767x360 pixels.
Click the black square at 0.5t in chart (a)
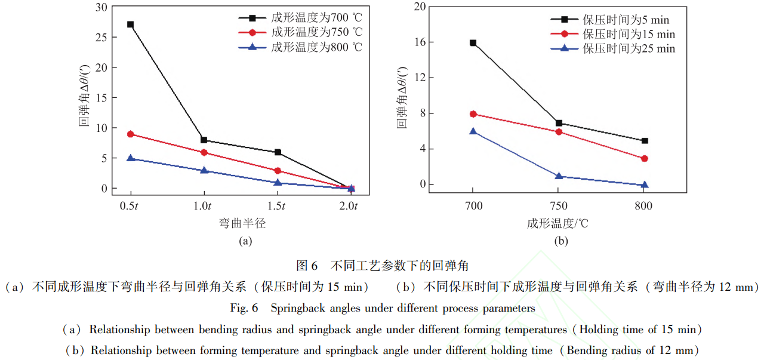tap(130, 24)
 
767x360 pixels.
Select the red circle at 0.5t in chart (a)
tap(130, 134)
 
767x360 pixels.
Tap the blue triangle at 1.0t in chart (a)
tap(204, 170)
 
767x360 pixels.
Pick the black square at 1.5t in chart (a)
tap(278, 152)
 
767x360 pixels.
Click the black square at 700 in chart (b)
tap(473, 43)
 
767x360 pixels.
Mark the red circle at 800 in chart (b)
tap(644, 159)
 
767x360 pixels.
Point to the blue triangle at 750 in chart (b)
tap(559, 176)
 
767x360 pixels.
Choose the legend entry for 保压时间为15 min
tap(629, 35)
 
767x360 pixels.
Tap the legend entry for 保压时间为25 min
tap(629, 49)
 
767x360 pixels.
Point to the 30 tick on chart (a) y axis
tap(103, 7)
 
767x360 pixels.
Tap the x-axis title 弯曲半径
tap(242, 224)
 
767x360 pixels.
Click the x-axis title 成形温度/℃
tap(557, 224)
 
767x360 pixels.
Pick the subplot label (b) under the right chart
tap(560, 241)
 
